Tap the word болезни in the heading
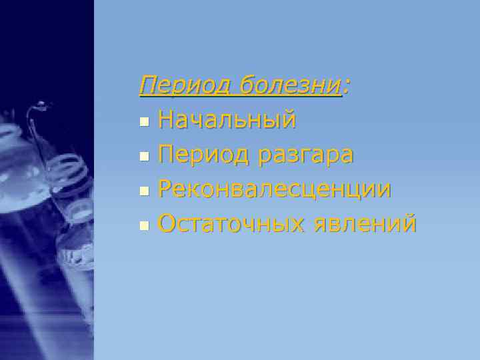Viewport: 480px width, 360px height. pyautogui.click(x=290, y=86)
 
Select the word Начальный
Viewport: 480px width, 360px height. pyautogui.click(x=227, y=121)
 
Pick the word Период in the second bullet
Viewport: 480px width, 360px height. pyautogui.click(x=200, y=155)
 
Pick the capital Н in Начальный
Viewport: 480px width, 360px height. pyautogui.click(x=165, y=121)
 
